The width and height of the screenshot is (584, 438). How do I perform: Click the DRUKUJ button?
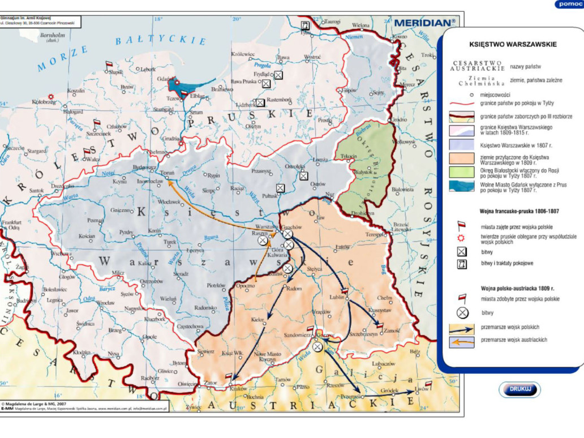(519, 389)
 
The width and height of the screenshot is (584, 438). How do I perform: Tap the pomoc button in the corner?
(569, 4)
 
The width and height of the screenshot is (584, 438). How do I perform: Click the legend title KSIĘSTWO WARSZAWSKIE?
(513, 44)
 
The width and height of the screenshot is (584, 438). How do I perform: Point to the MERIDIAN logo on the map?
(424, 23)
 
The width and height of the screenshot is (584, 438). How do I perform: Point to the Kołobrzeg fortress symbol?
(51, 96)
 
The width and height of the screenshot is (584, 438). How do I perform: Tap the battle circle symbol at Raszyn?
(263, 241)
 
